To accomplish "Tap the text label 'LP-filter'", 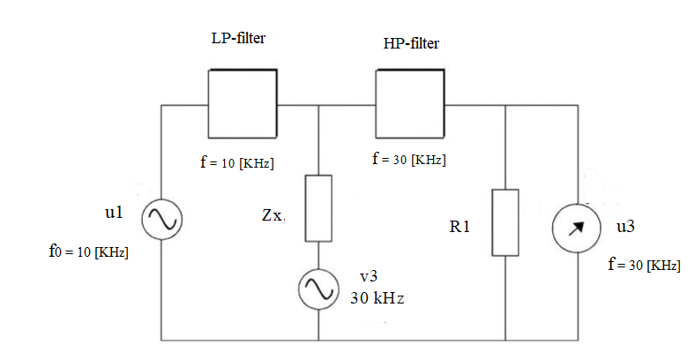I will click(x=238, y=39).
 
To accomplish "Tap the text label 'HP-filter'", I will click(x=411, y=43).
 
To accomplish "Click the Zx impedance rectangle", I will click(x=318, y=208).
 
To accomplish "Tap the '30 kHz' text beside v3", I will click(x=377, y=297).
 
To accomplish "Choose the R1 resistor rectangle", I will click(x=505, y=221).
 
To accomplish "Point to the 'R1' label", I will click(x=460, y=227).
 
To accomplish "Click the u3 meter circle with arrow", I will click(x=577, y=229).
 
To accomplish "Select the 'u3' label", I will click(x=625, y=227).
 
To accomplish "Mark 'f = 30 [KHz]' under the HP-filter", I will click(x=408, y=160).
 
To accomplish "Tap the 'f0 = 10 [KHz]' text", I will click(x=88, y=251).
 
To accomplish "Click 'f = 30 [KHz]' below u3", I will click(x=644, y=265).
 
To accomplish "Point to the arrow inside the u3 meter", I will click(x=577, y=229).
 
